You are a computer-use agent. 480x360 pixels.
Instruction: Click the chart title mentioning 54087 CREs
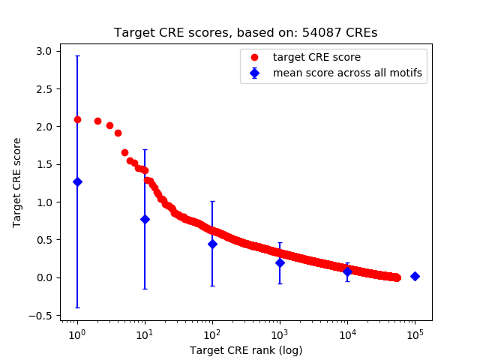click(x=246, y=33)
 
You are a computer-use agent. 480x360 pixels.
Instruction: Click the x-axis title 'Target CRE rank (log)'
click(x=246, y=349)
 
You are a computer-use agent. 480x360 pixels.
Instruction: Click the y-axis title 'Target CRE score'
click(x=17, y=182)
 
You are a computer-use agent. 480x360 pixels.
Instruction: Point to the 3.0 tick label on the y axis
click(x=44, y=51)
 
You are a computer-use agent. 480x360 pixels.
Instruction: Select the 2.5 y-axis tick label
click(x=44, y=88)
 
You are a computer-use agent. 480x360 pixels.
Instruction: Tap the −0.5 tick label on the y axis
click(x=41, y=315)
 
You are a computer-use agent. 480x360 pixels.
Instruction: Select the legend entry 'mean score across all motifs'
click(x=346, y=73)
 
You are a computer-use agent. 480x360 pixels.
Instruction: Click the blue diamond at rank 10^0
click(x=77, y=181)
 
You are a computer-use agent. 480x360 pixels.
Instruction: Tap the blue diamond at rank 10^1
click(x=145, y=219)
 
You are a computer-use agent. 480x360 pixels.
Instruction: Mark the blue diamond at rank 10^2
click(x=212, y=244)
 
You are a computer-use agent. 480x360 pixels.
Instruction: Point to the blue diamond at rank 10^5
click(x=415, y=276)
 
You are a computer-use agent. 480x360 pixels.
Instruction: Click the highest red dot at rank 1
click(x=77, y=119)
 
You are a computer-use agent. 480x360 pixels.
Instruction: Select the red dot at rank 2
click(x=97, y=121)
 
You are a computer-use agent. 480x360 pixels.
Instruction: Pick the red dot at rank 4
click(x=118, y=133)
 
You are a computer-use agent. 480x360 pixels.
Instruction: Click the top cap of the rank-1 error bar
click(x=77, y=55)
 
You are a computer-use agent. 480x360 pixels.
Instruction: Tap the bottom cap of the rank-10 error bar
click(x=145, y=289)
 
